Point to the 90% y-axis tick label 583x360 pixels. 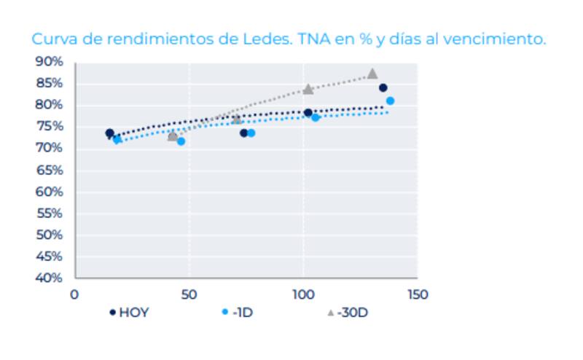50,62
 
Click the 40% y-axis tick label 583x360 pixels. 50,278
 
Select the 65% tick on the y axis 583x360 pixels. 50,171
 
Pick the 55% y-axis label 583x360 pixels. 50,214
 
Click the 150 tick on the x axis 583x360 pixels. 417,294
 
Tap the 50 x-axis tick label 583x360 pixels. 189,294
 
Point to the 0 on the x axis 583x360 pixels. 74,294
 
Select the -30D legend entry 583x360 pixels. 353,313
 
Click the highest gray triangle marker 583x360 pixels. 372,74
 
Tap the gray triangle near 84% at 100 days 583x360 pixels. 308,89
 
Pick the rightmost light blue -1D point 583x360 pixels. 390,101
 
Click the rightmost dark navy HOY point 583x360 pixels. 383,88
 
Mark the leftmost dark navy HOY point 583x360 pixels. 109,133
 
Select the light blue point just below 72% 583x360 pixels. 181,141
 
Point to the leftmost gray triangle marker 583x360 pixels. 173,136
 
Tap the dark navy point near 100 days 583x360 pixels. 308,113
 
